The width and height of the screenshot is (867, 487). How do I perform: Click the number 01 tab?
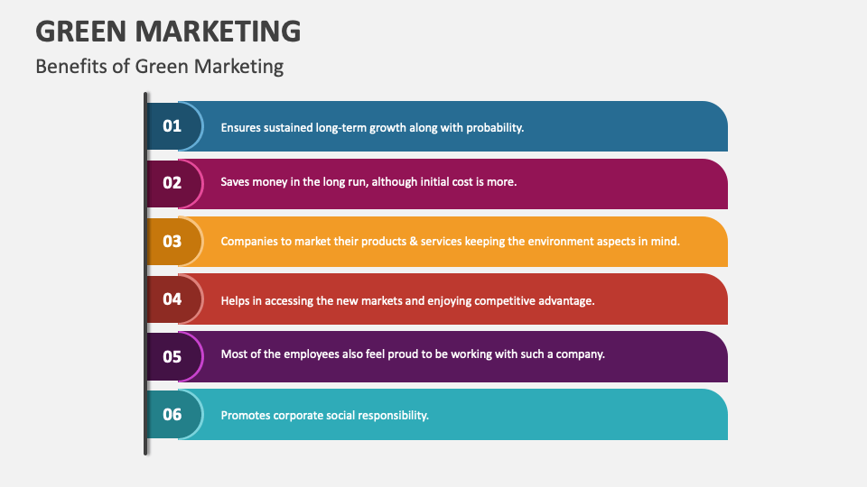[172, 126]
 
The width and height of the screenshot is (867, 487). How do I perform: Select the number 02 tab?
[172, 183]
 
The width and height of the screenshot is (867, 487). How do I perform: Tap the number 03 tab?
[172, 241]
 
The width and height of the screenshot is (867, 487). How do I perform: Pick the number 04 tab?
[172, 299]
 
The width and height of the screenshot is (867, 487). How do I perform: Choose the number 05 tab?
[172, 356]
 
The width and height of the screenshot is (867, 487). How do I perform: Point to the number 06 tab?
[172, 414]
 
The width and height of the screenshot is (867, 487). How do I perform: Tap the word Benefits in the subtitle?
[69, 66]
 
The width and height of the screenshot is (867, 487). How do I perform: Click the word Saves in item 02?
[237, 181]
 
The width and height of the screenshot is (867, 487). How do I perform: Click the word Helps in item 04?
[236, 300]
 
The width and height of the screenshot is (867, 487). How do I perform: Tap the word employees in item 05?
[313, 354]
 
